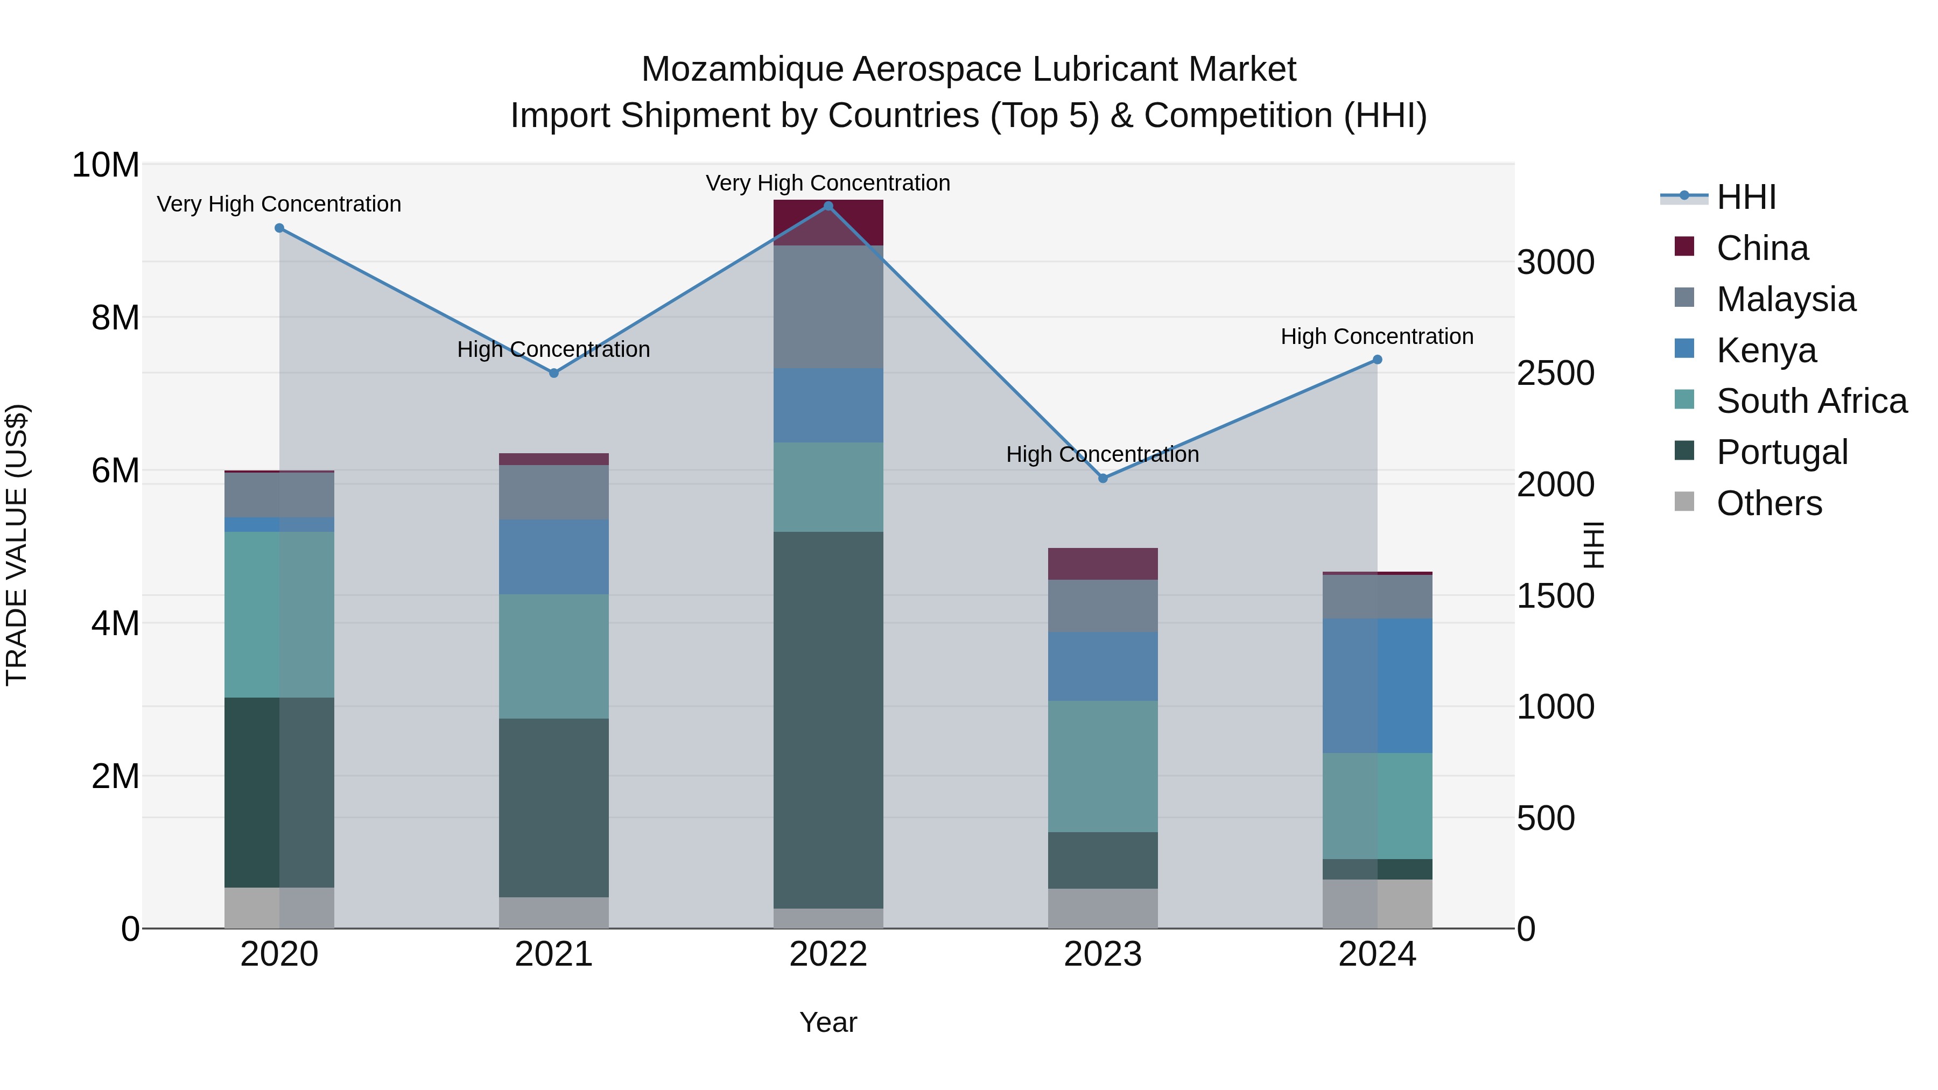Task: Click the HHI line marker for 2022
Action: [x=828, y=206]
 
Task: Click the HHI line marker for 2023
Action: [x=1103, y=479]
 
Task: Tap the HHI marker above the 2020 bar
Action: [x=279, y=228]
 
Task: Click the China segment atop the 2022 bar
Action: [x=828, y=223]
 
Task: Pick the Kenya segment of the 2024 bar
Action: [x=1378, y=686]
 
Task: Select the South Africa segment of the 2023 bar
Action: [x=1103, y=766]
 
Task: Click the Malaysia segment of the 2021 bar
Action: [x=554, y=493]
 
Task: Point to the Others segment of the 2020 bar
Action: [x=279, y=908]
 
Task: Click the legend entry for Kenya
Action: [x=1766, y=350]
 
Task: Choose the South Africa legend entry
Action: [x=1811, y=401]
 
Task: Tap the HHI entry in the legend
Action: [x=1745, y=197]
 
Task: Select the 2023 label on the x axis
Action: [x=1103, y=954]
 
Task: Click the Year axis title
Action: [x=828, y=1022]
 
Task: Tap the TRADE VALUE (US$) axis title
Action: [x=17, y=545]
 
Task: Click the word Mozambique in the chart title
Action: [x=742, y=69]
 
